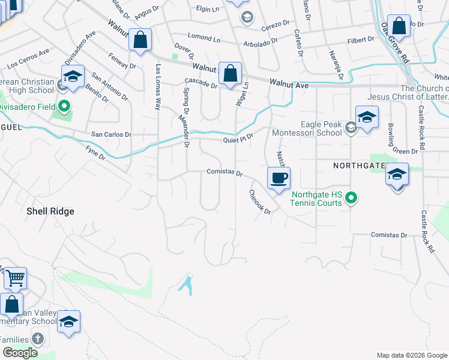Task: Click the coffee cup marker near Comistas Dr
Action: point(279,179)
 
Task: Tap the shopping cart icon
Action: point(16,279)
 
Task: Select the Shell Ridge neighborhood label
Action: point(50,211)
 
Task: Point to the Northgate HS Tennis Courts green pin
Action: point(353,197)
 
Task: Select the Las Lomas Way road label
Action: point(158,87)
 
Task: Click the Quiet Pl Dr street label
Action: point(239,139)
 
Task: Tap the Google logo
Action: point(20,353)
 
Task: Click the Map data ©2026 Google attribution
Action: point(412,355)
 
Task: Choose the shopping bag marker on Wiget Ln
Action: point(230,74)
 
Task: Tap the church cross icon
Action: point(38,339)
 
